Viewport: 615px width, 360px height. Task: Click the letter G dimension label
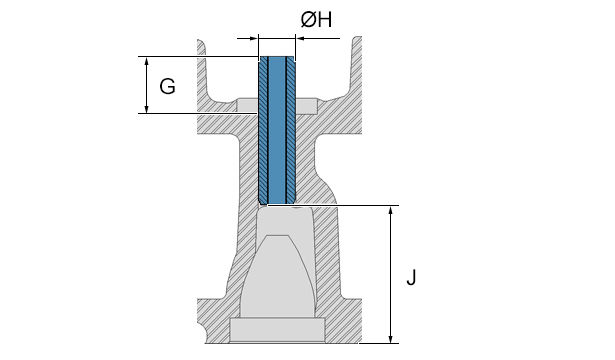point(167,86)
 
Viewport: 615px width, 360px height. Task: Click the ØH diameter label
point(316,20)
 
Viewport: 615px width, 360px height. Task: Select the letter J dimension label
point(411,278)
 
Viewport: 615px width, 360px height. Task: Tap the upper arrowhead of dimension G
point(147,61)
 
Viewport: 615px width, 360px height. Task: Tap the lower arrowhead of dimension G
point(147,109)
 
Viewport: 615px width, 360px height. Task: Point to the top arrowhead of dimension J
point(390,210)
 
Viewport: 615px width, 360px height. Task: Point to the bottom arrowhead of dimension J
point(390,338)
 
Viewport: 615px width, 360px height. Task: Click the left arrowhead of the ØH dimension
point(253,38)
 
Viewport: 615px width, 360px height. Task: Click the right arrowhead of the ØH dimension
point(301,38)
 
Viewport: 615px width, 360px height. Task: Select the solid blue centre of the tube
point(277,130)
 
